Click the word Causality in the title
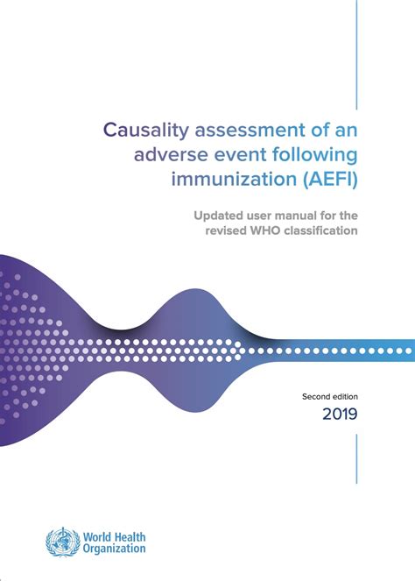(142, 131)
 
